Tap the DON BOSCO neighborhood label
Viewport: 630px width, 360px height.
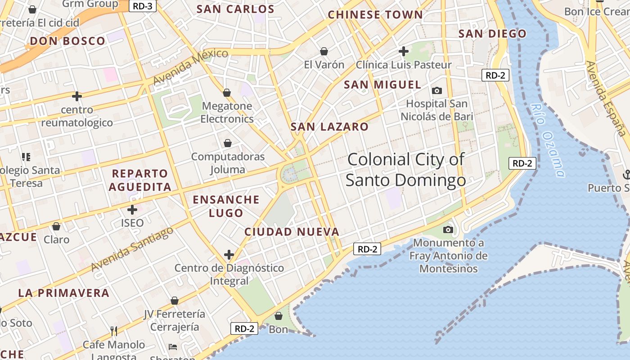67,41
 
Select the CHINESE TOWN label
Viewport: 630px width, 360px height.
375,15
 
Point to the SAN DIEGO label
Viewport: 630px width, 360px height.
492,34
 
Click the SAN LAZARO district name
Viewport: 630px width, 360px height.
329,127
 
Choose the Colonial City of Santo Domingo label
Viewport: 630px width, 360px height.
406,170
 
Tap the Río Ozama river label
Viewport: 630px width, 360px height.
547,140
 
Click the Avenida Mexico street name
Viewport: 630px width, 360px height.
191,67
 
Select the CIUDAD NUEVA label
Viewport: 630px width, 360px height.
292,232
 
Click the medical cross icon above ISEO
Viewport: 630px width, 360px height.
132,210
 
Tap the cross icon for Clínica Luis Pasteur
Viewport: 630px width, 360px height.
404,51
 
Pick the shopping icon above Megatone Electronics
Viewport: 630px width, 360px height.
227,93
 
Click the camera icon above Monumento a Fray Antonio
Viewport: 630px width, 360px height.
448,230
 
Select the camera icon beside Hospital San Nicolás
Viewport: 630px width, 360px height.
436,91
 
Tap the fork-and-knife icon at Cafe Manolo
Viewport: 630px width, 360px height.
114,331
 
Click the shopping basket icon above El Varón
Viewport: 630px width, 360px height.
324,51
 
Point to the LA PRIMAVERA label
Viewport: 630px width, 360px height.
64,293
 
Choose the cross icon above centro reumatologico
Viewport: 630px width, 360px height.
77,96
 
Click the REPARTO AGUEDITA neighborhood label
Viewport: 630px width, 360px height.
140,180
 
